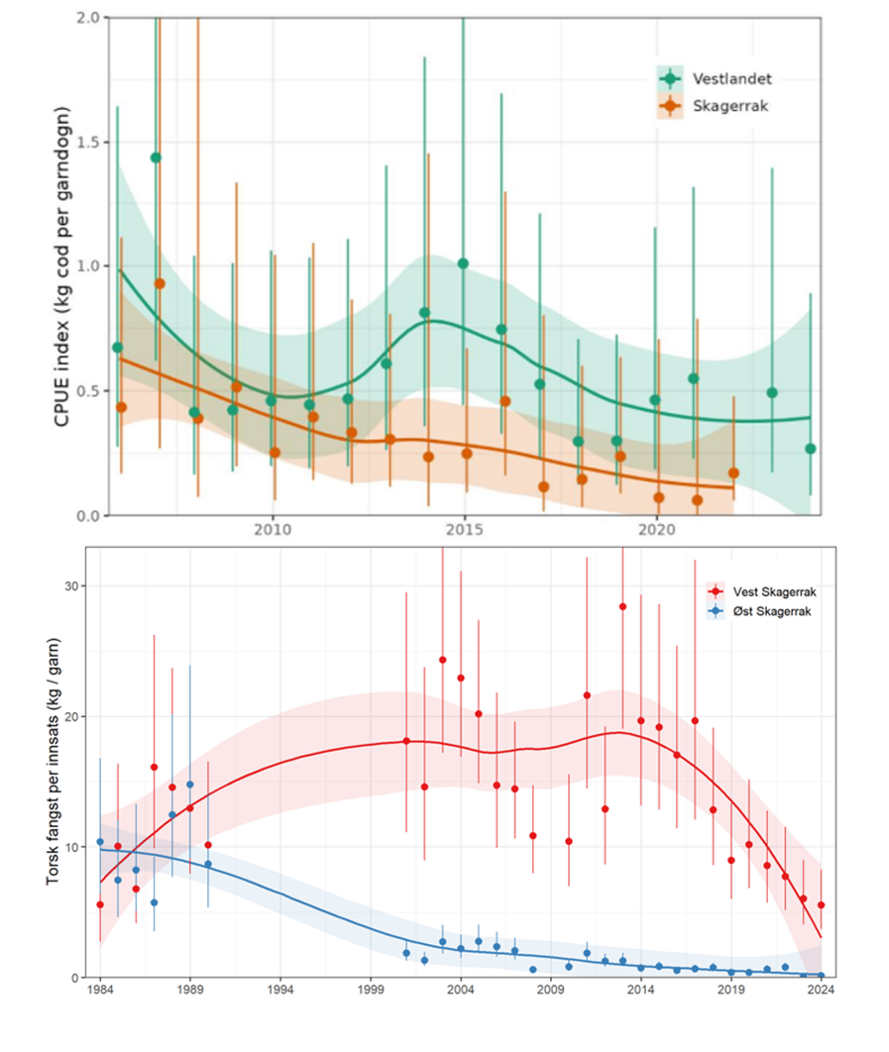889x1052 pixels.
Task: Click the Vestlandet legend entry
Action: [x=704, y=78]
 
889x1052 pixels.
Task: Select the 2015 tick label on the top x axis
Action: [x=464, y=531]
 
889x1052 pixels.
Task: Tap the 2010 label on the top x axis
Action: [x=272, y=531]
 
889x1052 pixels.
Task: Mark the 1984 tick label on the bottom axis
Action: [x=100, y=990]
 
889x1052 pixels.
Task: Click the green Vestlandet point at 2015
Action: [x=463, y=263]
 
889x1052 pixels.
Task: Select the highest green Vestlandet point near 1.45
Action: [x=156, y=158]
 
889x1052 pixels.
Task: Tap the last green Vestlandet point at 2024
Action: [x=811, y=449]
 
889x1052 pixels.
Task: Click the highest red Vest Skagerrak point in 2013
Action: [x=622, y=606]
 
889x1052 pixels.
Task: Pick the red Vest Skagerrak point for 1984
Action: [x=100, y=904]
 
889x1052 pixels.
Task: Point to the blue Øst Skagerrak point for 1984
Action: [x=100, y=842]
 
